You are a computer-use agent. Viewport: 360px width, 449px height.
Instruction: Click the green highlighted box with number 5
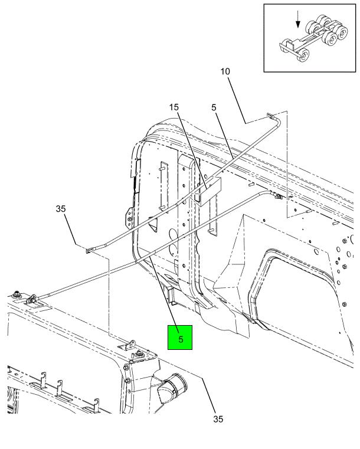pos(180,337)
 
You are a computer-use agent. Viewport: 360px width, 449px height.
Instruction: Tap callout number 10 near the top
pos(225,71)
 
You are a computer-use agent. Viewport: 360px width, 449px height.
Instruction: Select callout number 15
pos(174,107)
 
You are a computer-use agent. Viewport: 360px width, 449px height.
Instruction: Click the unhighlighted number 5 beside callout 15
pos(214,107)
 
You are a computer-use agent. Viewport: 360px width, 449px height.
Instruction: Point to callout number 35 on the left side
pos(61,209)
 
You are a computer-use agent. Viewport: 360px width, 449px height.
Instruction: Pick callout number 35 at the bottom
pos(218,419)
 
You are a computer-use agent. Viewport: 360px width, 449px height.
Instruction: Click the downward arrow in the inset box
pos(298,19)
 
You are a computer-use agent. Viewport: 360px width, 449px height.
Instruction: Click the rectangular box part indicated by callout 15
pos(208,191)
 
